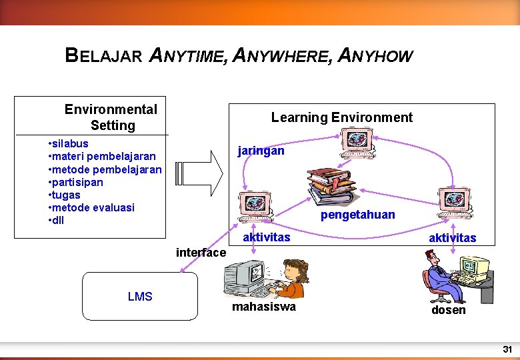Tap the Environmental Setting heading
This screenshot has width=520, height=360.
(111, 117)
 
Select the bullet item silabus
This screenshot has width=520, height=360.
(71, 143)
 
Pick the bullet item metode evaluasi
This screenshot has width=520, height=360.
(94, 207)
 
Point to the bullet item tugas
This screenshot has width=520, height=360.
(67, 195)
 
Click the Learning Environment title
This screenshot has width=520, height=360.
(341, 117)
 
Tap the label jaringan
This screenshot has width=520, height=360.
(261, 151)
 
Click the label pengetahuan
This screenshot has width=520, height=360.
(357, 215)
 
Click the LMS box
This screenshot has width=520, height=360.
(140, 297)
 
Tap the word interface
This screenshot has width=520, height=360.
(201, 253)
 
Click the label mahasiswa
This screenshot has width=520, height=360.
(263, 307)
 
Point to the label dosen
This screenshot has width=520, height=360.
(448, 311)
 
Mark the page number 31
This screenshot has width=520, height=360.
(507, 349)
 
